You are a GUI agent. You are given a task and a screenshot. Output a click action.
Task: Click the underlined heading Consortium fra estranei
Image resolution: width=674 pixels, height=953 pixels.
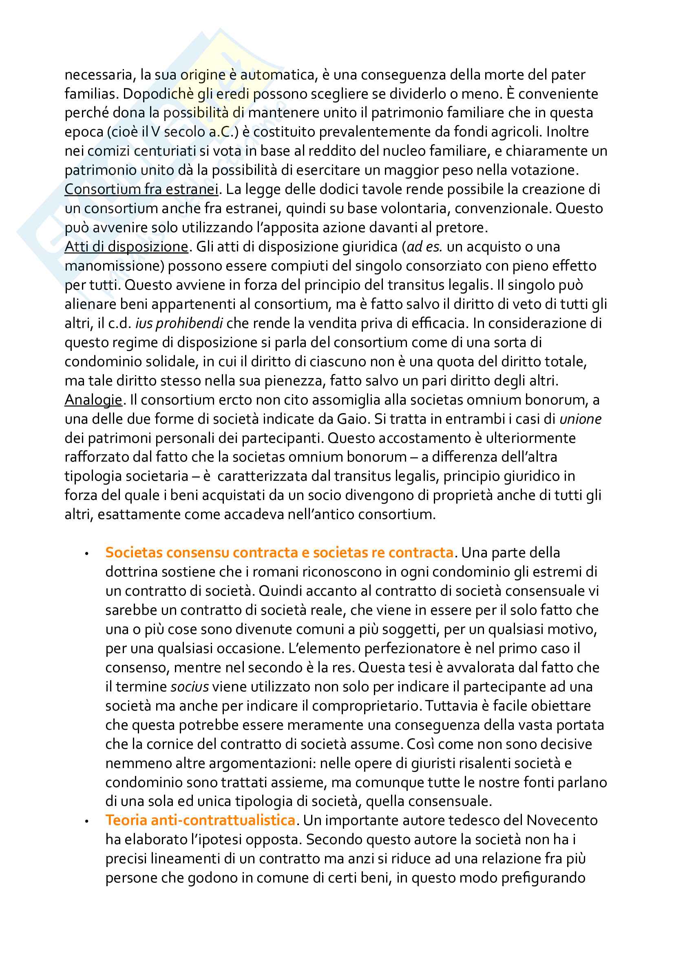click(141, 189)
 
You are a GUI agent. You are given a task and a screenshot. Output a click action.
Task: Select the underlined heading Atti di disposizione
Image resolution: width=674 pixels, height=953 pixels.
click(126, 247)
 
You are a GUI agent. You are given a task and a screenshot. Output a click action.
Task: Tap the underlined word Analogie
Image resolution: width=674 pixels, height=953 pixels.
click(93, 400)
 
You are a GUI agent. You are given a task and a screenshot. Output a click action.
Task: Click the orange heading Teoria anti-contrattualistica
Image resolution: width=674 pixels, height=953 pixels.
click(200, 820)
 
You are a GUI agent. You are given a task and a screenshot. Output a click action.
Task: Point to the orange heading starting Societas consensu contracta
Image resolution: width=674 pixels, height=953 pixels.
click(279, 552)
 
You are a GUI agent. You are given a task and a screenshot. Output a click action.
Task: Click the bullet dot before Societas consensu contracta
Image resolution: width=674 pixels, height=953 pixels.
click(86, 554)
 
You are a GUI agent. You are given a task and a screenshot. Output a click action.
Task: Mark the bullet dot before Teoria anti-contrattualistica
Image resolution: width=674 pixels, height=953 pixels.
click(86, 821)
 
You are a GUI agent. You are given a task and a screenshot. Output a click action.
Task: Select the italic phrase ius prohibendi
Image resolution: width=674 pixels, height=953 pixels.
click(179, 323)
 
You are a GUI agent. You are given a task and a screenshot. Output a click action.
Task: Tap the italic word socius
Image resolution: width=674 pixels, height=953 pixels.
click(190, 687)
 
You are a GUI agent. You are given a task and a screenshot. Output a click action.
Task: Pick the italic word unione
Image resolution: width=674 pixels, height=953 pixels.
click(580, 419)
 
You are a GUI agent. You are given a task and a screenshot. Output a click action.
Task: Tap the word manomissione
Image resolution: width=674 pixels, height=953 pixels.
click(112, 266)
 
